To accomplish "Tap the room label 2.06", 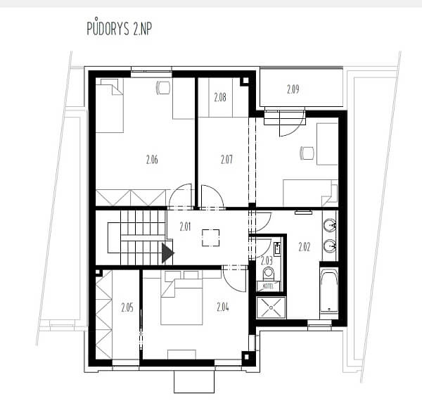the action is (x=152, y=160).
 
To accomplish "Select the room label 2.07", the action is (x=226, y=160).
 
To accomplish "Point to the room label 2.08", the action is (x=220, y=97).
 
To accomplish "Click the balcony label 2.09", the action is (x=293, y=89).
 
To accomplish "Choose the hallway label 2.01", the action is (x=185, y=227).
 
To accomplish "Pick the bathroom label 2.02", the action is (x=305, y=247).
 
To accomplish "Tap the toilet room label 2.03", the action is (x=267, y=260).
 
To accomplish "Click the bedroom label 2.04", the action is (x=223, y=307).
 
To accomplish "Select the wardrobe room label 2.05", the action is (x=127, y=307).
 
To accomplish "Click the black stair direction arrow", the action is (x=167, y=253).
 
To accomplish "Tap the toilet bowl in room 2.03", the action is (x=269, y=274).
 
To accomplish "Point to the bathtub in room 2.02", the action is (x=329, y=291).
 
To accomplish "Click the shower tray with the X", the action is (x=271, y=307).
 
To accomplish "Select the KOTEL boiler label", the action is (x=268, y=286).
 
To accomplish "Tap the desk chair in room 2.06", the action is (x=163, y=87).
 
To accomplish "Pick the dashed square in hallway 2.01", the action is (x=210, y=238).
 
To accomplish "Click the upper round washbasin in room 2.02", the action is (x=330, y=225).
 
